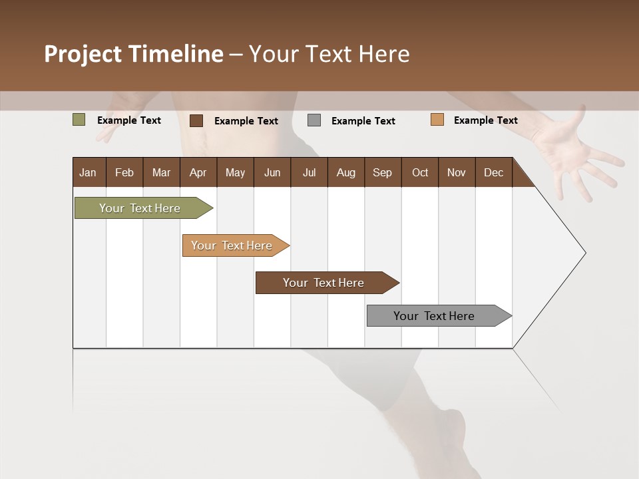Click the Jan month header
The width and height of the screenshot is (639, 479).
88,172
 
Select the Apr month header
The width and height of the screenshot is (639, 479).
198,172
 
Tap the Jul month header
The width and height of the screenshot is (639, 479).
309,172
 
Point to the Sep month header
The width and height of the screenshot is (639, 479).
382,172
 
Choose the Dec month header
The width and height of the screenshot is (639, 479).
493,172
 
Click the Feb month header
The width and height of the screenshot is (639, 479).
124,172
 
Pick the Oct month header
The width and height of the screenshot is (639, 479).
420,172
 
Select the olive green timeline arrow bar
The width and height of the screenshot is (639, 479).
140,208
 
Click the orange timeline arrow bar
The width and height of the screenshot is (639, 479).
232,245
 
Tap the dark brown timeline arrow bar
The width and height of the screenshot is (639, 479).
324,283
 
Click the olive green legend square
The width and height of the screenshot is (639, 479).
79,120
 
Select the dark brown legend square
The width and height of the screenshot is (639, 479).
196,120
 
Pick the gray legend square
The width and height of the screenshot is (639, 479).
314,120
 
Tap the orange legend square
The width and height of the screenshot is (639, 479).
437,120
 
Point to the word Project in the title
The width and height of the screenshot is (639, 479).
83,54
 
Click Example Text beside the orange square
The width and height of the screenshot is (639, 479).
485,120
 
